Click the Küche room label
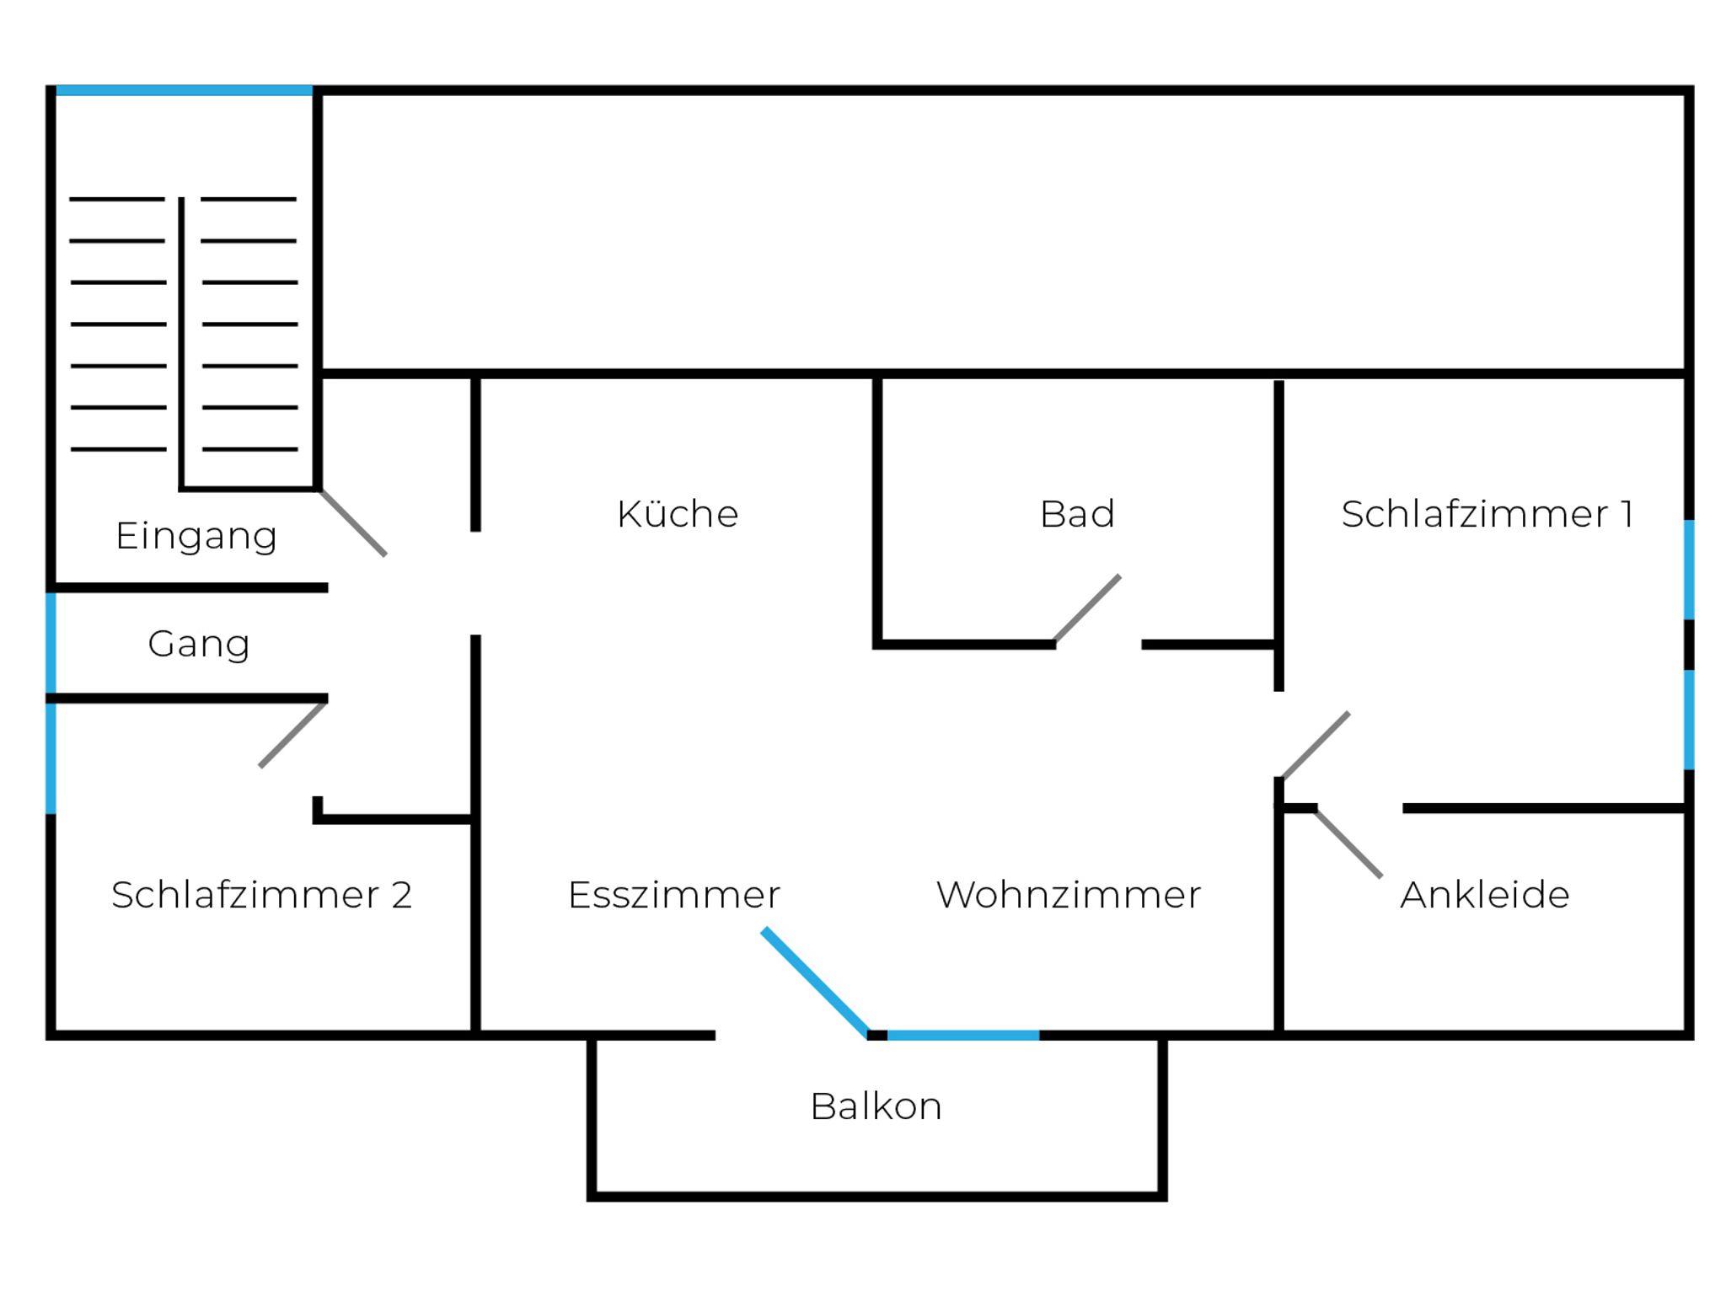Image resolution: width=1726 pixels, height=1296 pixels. click(x=678, y=514)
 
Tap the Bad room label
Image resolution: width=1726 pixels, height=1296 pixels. click(x=1077, y=514)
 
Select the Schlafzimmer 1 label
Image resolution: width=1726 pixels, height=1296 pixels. click(x=1487, y=514)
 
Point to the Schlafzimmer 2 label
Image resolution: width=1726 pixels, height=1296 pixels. click(x=261, y=895)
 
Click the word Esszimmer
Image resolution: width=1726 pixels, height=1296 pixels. click(x=674, y=895)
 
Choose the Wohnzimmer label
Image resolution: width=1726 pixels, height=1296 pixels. click(x=1069, y=895)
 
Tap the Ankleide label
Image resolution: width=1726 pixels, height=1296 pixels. click(x=1484, y=895)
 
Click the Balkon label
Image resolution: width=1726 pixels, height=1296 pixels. click(x=876, y=1106)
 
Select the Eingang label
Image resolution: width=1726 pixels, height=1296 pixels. click(x=196, y=537)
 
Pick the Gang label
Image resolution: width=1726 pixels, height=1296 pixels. click(x=199, y=644)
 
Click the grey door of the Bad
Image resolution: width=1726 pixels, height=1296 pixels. click(x=1087, y=609)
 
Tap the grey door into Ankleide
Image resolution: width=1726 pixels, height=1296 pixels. click(x=1348, y=843)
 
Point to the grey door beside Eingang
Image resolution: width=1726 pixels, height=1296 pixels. click(x=353, y=522)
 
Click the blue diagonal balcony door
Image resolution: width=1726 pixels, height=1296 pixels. click(x=815, y=983)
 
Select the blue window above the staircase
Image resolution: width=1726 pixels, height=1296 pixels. click(x=184, y=90)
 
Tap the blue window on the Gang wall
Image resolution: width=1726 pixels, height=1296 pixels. click(x=51, y=643)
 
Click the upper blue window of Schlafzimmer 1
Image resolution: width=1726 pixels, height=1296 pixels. click(x=1689, y=570)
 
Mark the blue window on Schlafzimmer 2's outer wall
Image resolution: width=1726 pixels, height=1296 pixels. click(x=51, y=758)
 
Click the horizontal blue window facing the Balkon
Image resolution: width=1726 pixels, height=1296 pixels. click(x=963, y=1036)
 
